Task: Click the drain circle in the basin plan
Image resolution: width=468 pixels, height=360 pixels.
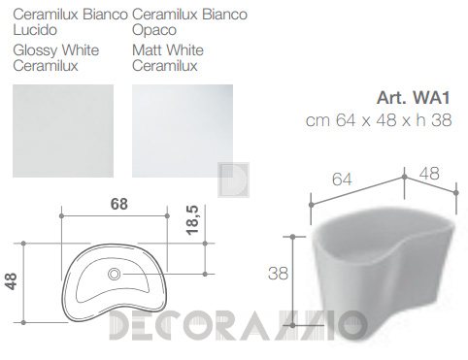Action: click(x=114, y=274)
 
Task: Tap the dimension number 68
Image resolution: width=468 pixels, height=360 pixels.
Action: click(x=119, y=204)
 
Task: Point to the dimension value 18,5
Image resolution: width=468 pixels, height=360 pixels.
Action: click(x=192, y=220)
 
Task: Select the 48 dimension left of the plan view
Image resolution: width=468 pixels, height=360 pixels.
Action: click(x=12, y=281)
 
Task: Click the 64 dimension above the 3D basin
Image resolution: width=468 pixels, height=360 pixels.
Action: click(x=342, y=180)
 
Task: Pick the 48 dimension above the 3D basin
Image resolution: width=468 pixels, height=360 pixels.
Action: click(x=429, y=174)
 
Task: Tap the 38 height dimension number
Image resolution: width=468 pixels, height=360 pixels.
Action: click(x=278, y=274)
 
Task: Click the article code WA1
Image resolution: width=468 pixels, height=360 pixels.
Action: click(x=431, y=98)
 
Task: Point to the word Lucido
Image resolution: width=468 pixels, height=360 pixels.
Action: click(x=35, y=30)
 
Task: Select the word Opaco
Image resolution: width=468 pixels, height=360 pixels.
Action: click(x=154, y=30)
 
